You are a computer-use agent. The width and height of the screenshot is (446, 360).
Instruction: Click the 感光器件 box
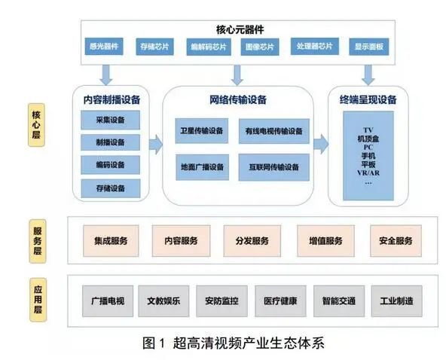[105, 46]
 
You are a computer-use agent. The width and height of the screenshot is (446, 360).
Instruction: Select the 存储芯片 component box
[155, 46]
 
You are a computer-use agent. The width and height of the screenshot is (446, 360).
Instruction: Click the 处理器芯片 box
[315, 46]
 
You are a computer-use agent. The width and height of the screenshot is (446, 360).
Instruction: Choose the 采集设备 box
[111, 120]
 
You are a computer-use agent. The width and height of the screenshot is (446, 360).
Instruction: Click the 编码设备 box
[111, 165]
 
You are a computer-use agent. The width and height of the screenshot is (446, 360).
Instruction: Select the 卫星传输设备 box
[202, 131]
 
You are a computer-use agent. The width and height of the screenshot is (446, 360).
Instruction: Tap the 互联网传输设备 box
[274, 166]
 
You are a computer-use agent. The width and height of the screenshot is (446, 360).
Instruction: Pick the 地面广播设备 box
[202, 166]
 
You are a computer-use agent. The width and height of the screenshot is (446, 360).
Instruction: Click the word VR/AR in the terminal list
[368, 172]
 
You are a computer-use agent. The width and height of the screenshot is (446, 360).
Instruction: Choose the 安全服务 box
[390, 241]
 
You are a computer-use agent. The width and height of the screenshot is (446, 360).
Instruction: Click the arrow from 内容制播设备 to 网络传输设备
[154, 142]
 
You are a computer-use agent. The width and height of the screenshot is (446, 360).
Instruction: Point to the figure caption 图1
[154, 343]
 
